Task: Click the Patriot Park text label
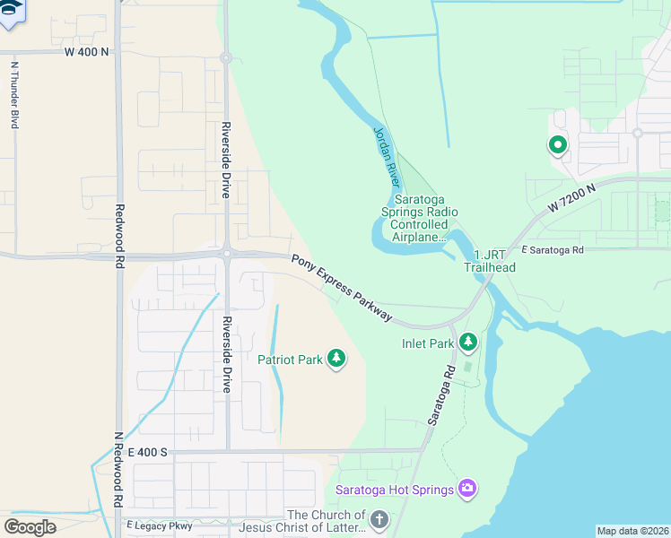click(x=290, y=360)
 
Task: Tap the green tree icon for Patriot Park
click(x=336, y=360)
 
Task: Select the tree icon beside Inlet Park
click(x=466, y=343)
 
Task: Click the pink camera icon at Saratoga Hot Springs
click(x=466, y=489)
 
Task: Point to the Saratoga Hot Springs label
click(x=394, y=490)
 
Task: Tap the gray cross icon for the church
click(x=379, y=519)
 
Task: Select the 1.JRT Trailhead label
click(x=489, y=261)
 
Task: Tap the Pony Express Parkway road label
click(x=342, y=287)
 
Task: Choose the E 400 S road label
click(x=149, y=451)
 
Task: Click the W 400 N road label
click(x=87, y=52)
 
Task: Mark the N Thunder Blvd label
click(x=14, y=95)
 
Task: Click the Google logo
click(x=30, y=526)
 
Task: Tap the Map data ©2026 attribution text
click(x=633, y=531)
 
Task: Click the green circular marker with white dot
click(x=557, y=144)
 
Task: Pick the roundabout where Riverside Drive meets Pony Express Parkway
click(x=227, y=254)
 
